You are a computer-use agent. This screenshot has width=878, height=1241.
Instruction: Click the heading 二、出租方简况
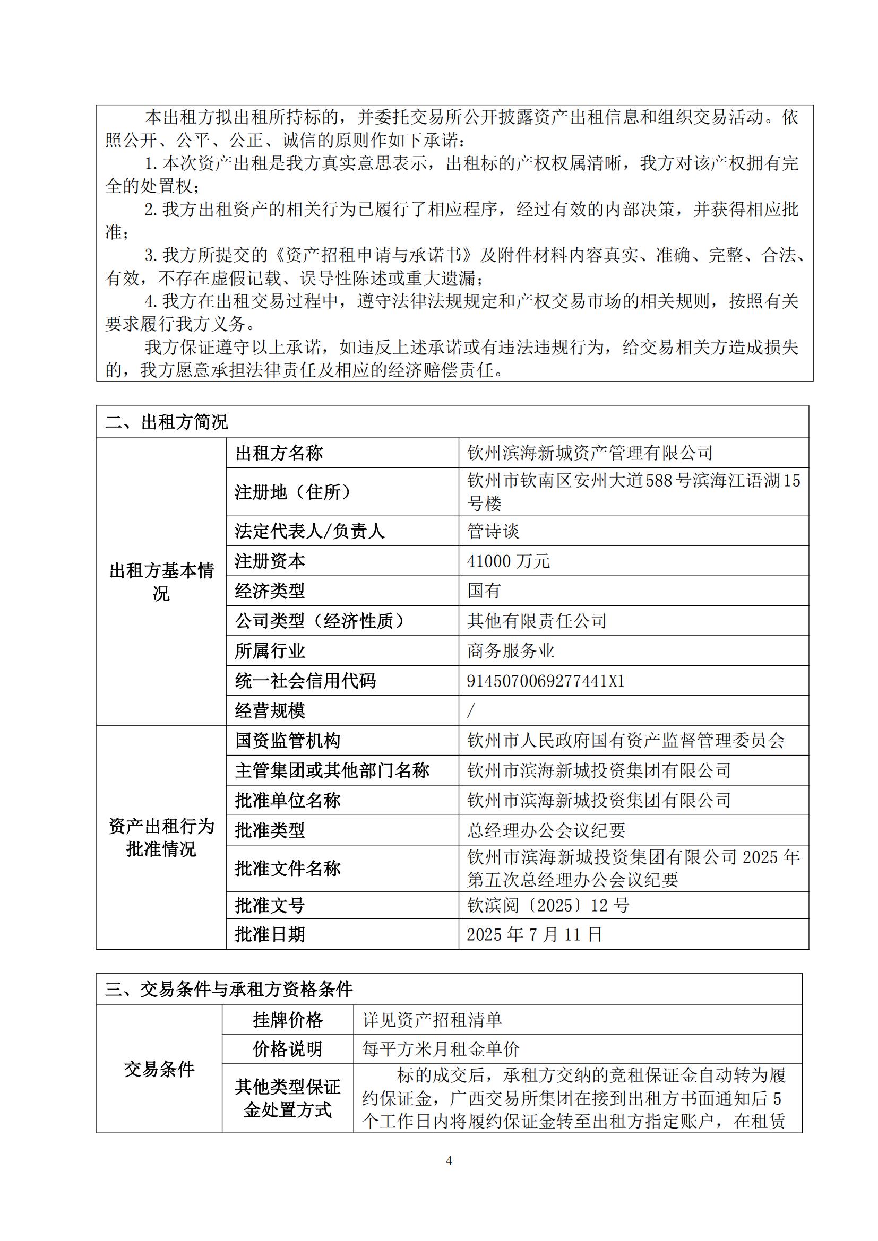click(x=167, y=422)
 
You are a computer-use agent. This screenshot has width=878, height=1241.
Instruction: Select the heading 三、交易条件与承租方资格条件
click(x=229, y=989)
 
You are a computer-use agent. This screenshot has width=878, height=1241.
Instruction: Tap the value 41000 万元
click(x=508, y=561)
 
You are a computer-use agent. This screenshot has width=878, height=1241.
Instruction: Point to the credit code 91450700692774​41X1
click(x=546, y=681)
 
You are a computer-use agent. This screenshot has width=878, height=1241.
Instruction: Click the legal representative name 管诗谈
click(x=493, y=531)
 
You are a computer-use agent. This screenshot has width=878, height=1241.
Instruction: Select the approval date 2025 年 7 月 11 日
click(x=534, y=934)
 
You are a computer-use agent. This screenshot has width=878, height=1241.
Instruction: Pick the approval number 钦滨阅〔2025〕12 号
click(x=548, y=905)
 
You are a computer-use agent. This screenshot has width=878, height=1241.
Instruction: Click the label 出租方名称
click(x=279, y=453)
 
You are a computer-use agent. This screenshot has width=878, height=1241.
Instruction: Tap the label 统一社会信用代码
click(x=305, y=681)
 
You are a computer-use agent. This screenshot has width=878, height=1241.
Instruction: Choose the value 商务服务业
click(x=511, y=651)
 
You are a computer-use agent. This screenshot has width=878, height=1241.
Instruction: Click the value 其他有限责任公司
click(x=537, y=621)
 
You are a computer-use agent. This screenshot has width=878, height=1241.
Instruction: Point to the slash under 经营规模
click(x=470, y=711)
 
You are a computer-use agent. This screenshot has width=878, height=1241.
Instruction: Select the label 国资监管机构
click(x=288, y=741)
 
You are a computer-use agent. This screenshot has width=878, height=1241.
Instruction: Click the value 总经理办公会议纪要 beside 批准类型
click(x=546, y=830)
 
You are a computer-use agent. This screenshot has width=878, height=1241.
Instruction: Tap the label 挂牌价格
click(x=288, y=1020)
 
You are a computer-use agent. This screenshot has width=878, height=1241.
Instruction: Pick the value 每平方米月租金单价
click(x=441, y=1049)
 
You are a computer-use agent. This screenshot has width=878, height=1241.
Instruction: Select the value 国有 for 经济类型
click(x=485, y=591)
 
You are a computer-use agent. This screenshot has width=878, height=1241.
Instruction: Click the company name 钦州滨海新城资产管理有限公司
click(x=590, y=453)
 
